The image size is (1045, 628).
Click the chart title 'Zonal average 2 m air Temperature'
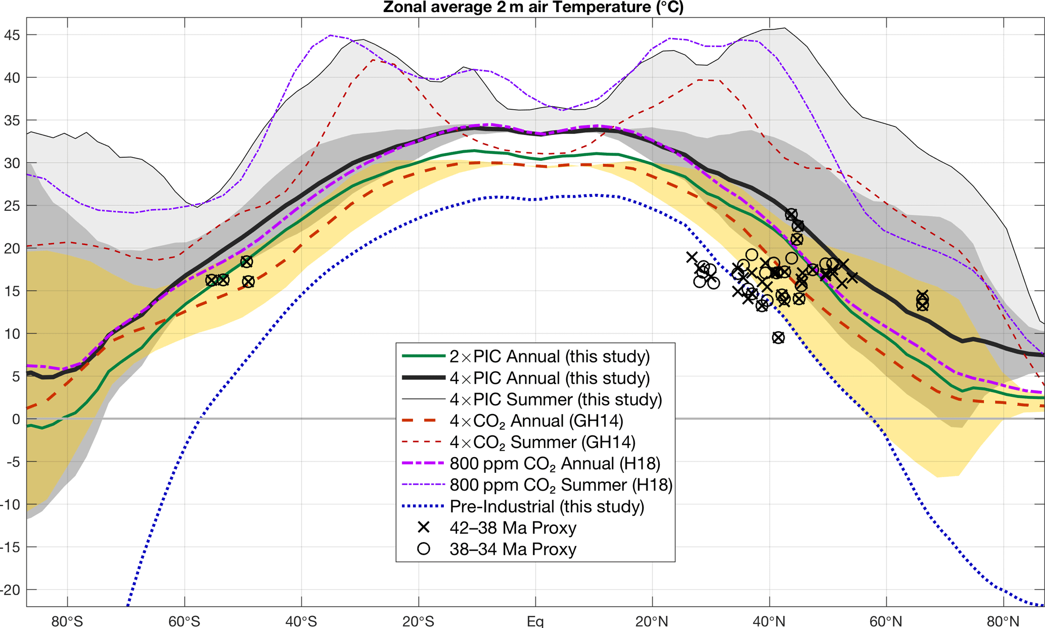(533, 7)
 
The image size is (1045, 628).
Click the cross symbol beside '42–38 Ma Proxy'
(424, 527)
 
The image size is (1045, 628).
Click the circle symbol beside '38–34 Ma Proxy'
(424, 549)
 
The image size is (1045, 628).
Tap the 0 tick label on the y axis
(16, 419)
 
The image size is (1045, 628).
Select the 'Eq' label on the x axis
(535, 621)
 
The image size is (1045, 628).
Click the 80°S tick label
(67, 621)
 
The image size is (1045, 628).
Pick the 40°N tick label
(769, 621)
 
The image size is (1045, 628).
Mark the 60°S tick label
(184, 621)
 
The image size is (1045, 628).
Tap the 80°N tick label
(1003, 621)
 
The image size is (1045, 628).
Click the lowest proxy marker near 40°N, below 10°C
(778, 338)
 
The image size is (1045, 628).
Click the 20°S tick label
(418, 621)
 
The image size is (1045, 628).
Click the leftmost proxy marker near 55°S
(212, 280)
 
